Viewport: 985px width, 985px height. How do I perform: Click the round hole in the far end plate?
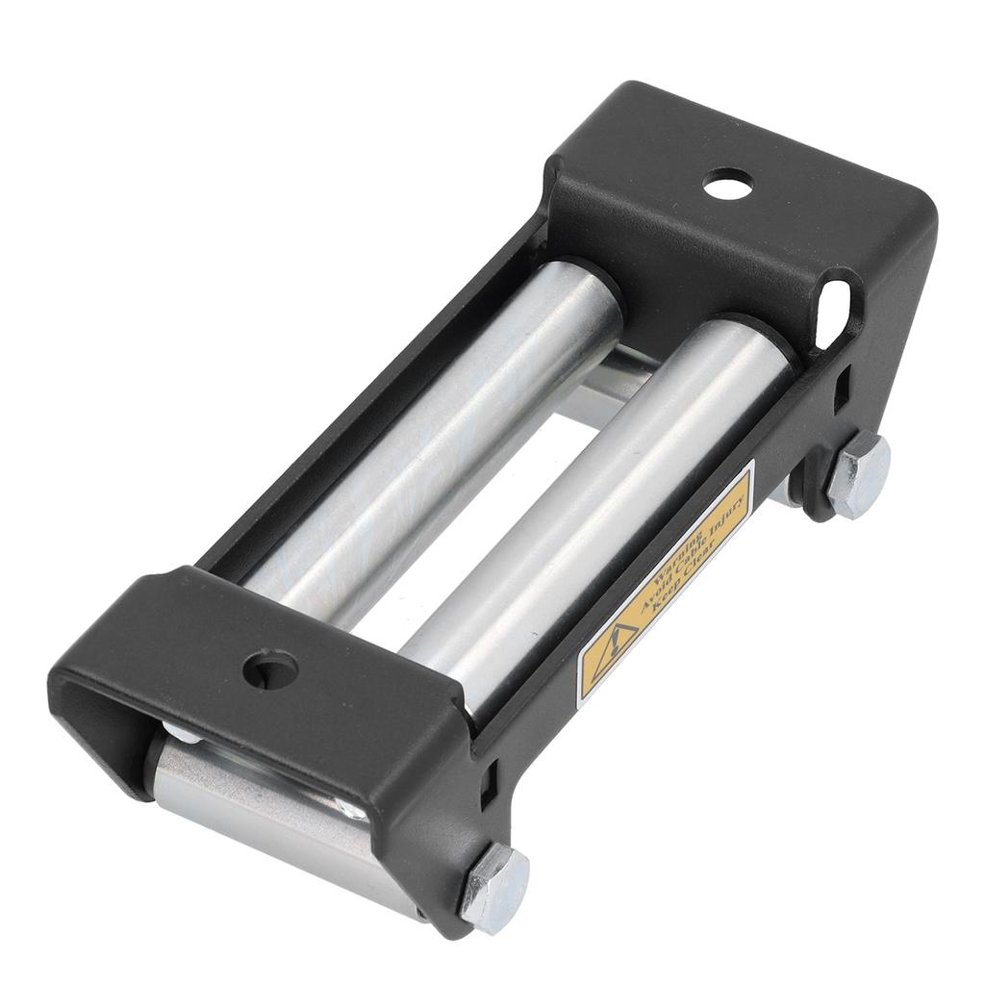pos(728,184)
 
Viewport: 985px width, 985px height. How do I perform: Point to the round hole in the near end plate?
pos(271,668)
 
